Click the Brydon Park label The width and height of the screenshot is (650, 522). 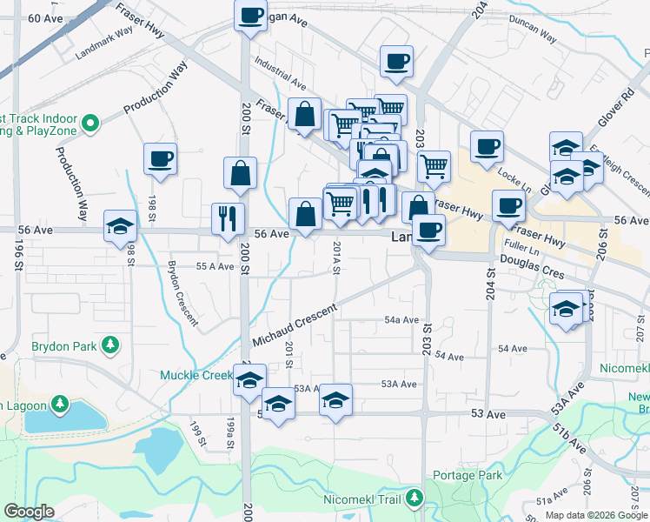pos(63,346)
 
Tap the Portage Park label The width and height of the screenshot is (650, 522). pos(465,476)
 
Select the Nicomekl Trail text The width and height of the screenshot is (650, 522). pos(361,499)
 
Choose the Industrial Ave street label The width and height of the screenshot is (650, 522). pos(280,73)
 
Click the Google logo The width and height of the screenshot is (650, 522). pos(29,512)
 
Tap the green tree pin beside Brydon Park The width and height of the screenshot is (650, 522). pos(110,345)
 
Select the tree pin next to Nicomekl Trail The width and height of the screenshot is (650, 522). pos(416,499)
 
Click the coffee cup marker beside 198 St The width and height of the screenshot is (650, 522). pos(161,158)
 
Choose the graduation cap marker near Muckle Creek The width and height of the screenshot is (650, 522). pos(249,380)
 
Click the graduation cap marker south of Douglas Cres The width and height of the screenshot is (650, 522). pos(567,308)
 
